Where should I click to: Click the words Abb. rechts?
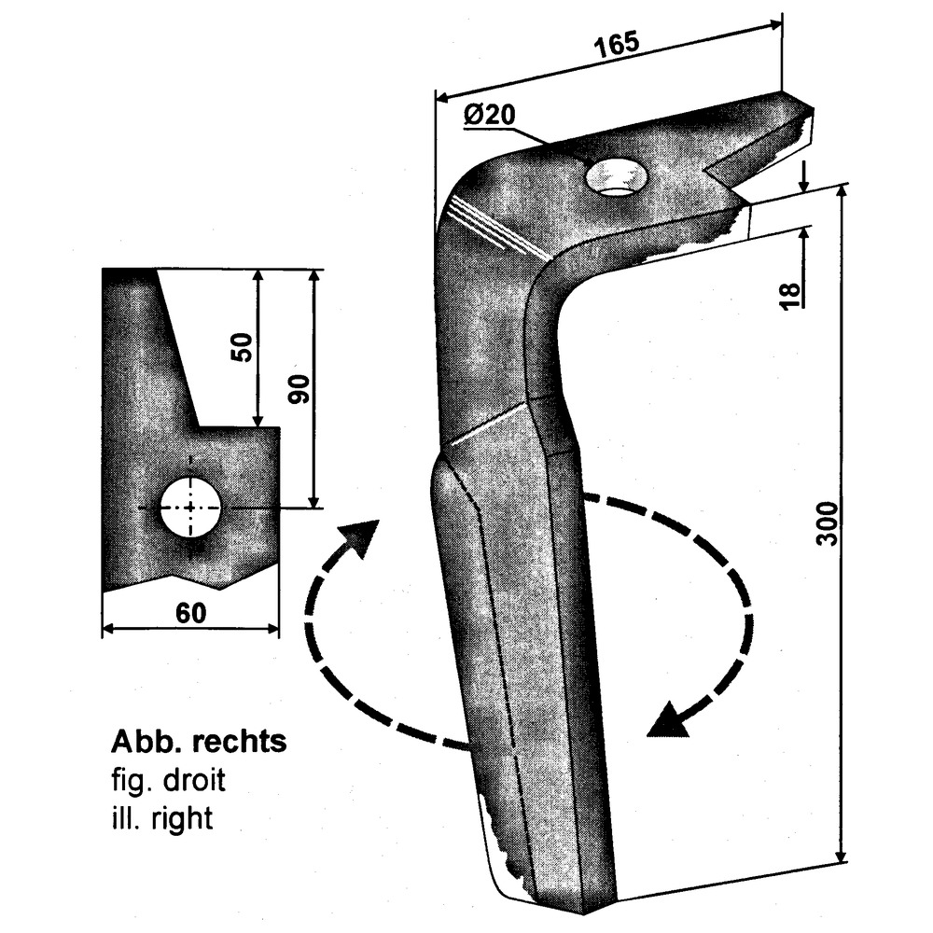198,743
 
